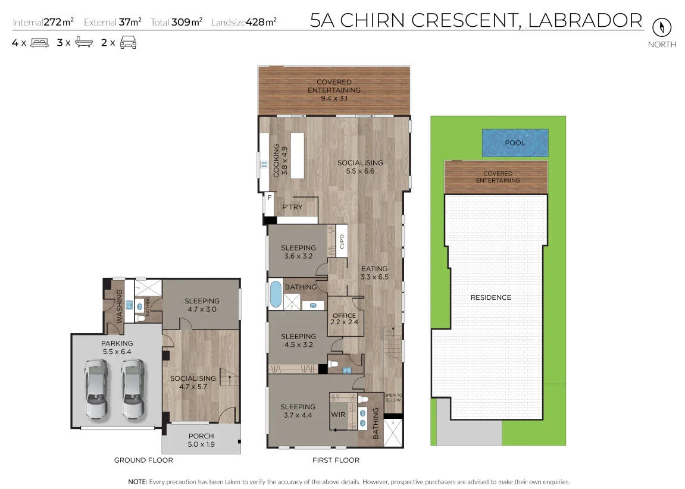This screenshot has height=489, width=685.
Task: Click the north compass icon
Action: click(661, 27)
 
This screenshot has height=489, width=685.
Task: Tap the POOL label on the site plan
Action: click(515, 143)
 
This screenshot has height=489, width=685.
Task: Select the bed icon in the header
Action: click(39, 43)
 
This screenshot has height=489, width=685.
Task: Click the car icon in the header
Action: click(128, 43)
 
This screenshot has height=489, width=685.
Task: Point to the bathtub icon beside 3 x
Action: click(84, 42)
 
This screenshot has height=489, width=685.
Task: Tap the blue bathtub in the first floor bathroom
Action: click(276, 294)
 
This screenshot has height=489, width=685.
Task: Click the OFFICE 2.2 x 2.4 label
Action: click(344, 319)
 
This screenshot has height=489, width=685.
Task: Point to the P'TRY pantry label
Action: click(292, 207)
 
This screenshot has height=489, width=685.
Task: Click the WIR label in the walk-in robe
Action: click(338, 414)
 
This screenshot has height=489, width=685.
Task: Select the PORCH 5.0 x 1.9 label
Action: click(201, 440)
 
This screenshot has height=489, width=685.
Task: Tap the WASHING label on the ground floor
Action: click(119, 306)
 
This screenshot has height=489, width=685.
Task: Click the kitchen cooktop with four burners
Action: click(264, 165)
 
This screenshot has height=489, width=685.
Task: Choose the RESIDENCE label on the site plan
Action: click(490, 297)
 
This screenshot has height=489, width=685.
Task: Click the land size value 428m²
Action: click(261, 22)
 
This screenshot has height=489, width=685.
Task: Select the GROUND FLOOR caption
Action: click(143, 460)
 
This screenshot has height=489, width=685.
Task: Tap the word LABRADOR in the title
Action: click(585, 20)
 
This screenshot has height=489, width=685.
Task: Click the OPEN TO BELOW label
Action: click(393, 397)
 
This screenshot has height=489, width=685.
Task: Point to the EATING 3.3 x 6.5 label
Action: click(374, 273)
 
